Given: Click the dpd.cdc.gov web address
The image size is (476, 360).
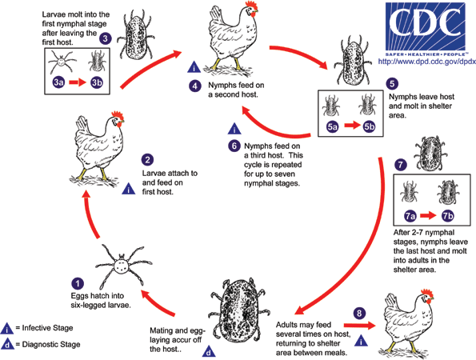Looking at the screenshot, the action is point(427,62).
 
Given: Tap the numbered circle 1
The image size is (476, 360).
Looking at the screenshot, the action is point(78,284).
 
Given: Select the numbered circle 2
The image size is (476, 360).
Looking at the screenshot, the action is point(147,160).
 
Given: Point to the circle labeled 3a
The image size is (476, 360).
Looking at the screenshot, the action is point(58,82).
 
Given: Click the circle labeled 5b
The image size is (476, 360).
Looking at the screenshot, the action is point(369,126).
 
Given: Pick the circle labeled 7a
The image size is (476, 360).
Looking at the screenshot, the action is point(410,216).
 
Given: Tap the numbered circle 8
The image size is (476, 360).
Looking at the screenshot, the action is point(359,313).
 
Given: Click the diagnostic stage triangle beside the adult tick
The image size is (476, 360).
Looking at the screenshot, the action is point(209,352).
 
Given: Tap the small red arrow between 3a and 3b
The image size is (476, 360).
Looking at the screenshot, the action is point(78,82).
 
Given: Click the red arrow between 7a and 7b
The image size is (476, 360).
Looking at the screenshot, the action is point(428,216).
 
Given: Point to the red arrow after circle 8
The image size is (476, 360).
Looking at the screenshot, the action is point(360,326).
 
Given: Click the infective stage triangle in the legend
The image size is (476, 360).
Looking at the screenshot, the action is point(6,329).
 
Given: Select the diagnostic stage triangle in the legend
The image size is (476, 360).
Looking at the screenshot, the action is point(7,345).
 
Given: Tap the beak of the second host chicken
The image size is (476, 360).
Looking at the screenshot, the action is point(256,12).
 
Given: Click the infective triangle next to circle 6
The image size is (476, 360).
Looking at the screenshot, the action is point(234,129).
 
